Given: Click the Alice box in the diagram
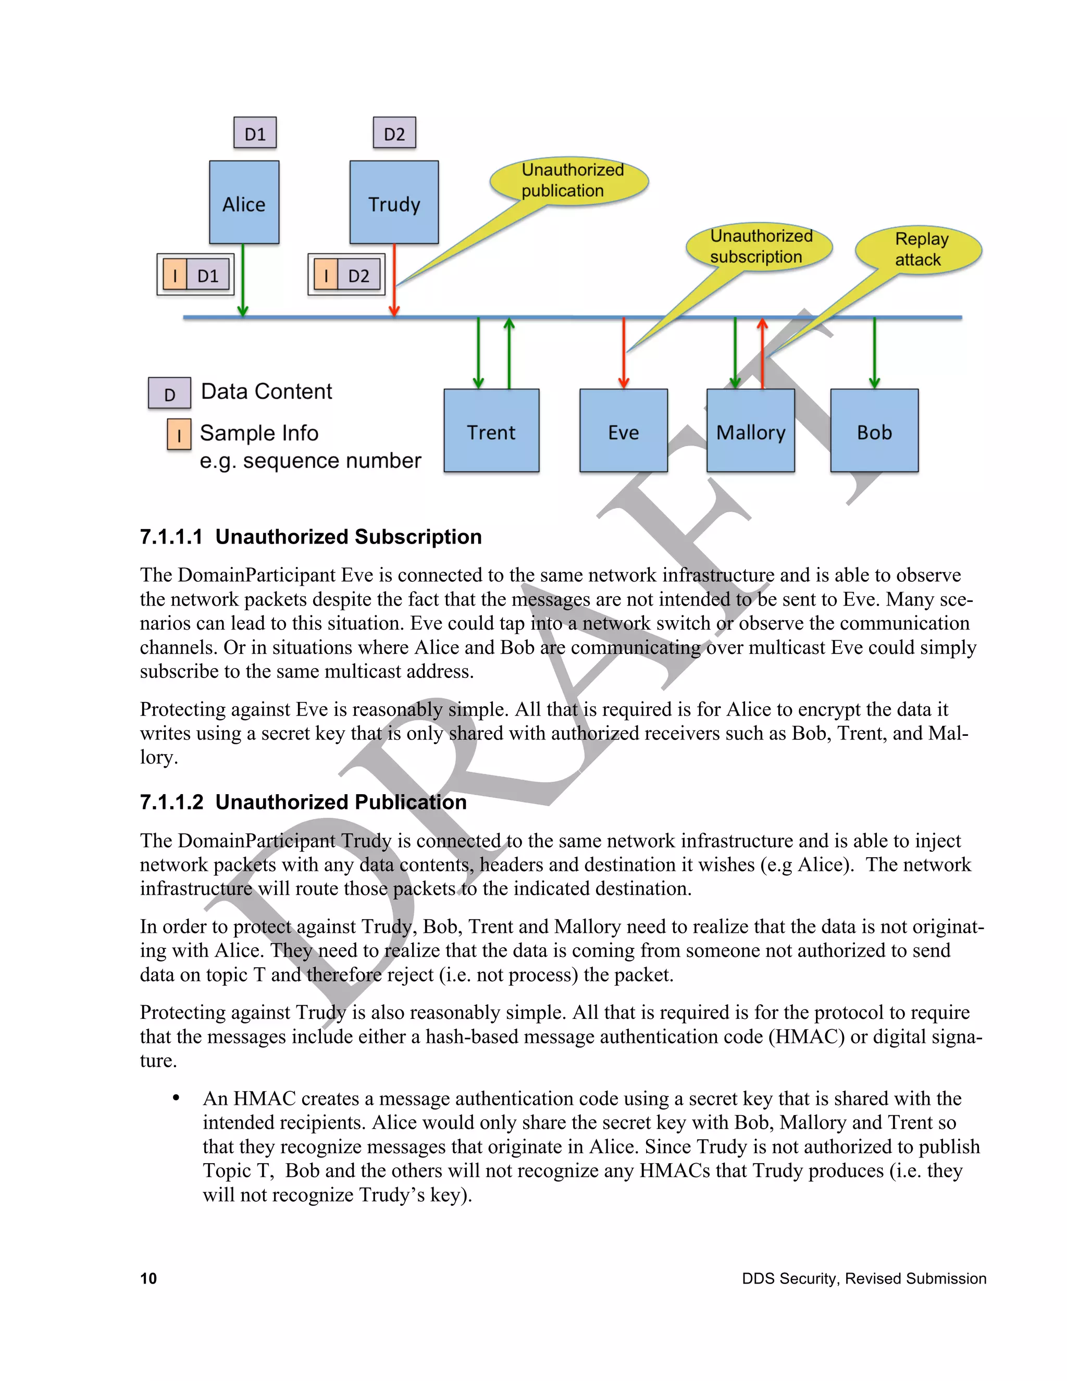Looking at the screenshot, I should [244, 202].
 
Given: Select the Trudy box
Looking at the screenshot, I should [394, 202].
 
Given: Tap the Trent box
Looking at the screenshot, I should [491, 430].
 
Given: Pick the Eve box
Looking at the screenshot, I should [623, 430].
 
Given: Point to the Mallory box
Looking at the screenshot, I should [750, 430].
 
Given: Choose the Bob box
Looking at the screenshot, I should [874, 430].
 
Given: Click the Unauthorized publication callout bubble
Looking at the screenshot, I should [569, 180].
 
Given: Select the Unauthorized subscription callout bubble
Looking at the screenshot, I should [759, 246].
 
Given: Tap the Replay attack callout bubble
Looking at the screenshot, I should [919, 249].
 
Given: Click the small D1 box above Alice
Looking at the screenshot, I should [255, 133].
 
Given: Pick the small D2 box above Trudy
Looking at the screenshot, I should [394, 133].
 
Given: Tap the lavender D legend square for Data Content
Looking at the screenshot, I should [169, 393].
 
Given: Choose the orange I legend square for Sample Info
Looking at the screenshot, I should [179, 435].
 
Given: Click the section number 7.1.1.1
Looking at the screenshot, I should [171, 537].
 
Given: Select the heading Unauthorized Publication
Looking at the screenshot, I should [341, 802].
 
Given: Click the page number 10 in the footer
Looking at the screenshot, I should [148, 1278].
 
